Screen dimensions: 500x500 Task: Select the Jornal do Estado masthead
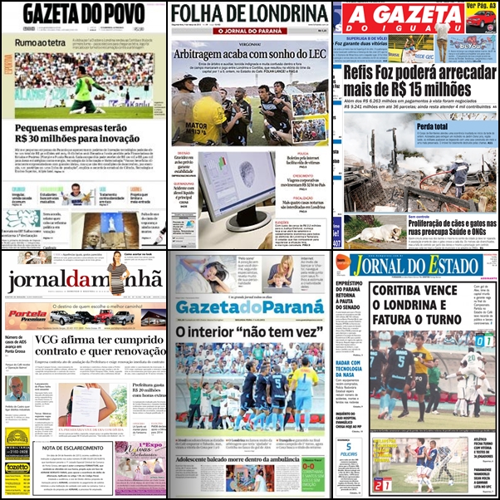pos(415,266)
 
